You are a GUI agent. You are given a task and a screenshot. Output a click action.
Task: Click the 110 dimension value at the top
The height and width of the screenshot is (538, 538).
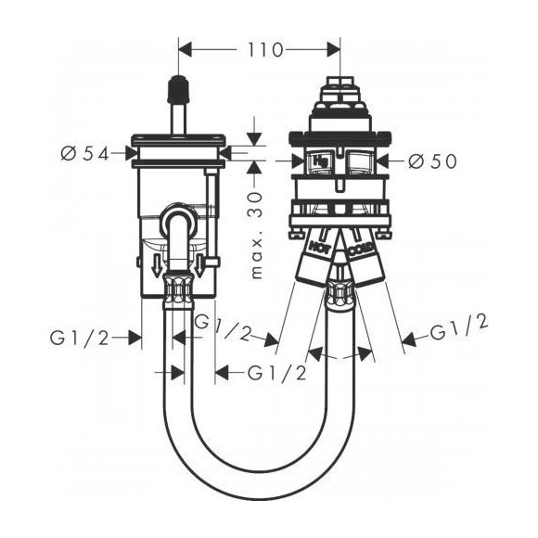pos(265,50)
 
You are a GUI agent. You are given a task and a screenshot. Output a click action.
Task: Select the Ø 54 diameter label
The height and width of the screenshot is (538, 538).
pos(84,154)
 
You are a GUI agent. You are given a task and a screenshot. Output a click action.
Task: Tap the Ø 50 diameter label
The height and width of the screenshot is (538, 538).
pos(432,160)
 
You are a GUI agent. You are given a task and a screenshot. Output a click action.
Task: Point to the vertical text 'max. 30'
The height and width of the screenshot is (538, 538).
pos(256,236)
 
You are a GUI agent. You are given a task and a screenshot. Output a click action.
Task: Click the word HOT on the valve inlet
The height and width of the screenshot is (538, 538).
pos(319,247)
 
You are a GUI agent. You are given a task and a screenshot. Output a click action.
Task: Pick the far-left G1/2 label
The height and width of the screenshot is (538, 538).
pos(80,339)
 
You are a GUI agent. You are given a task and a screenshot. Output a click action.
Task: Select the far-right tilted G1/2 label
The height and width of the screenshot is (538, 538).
pos(459,328)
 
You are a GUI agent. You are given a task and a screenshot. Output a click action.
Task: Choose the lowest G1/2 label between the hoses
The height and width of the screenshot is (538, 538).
pos(276,373)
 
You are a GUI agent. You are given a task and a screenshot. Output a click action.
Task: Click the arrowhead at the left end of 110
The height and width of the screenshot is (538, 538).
pos(184,50)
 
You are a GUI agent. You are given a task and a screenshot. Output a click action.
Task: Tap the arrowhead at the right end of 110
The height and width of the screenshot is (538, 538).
pos(334,50)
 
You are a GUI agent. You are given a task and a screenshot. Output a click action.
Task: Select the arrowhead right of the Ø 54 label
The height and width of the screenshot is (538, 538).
pos(132,153)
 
